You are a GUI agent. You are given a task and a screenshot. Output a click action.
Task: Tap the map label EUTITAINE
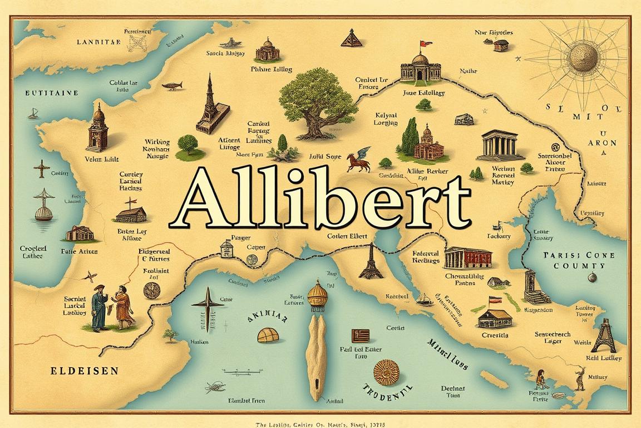52,94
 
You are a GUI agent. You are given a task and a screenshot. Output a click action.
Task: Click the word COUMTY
579,266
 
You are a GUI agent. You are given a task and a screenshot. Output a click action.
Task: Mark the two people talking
111,306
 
